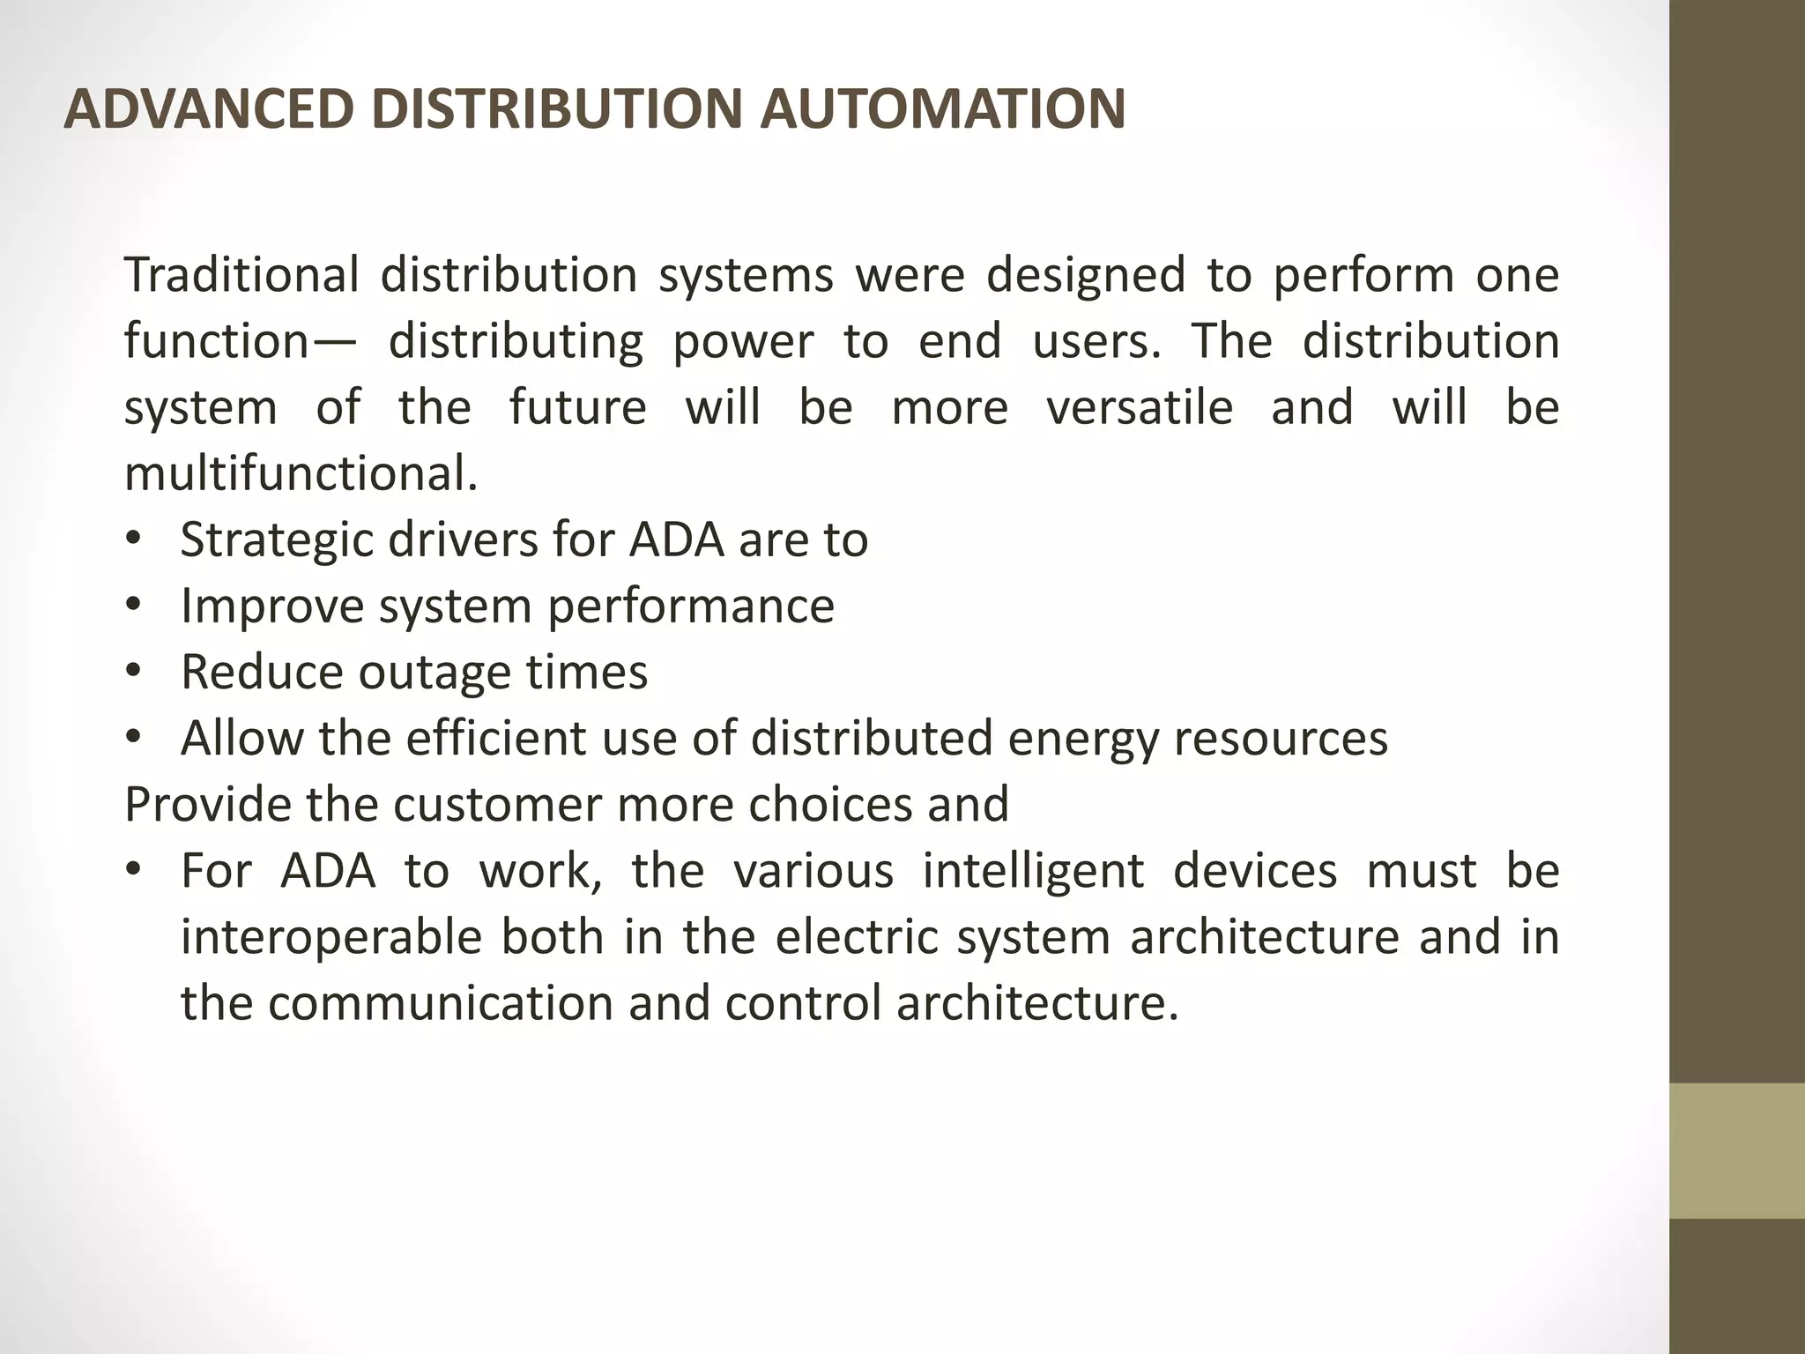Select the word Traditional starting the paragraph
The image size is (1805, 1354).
241,274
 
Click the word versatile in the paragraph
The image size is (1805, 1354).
1140,407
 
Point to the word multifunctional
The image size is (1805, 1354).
301,473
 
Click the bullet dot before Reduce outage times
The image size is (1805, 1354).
133,672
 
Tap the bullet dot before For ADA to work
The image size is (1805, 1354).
133,871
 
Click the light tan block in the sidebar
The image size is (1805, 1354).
1736,1150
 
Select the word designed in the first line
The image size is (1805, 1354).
1085,274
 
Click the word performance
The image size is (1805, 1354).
691,606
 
